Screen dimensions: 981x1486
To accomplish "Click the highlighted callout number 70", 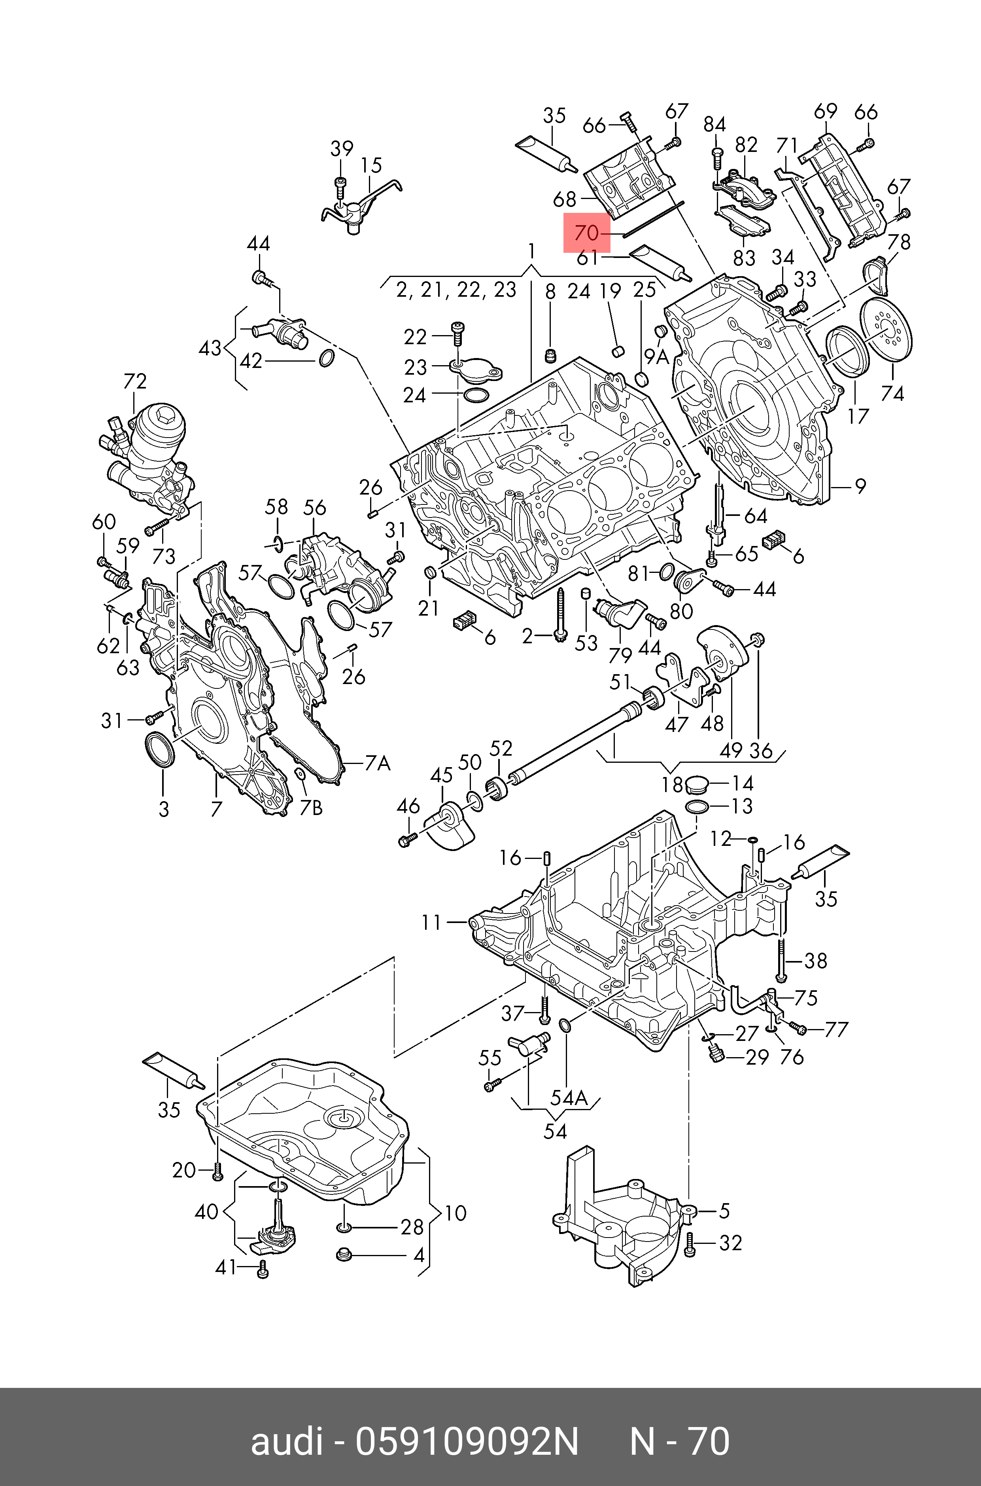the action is tap(587, 233).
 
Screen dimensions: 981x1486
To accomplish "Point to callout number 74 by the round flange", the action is tap(892, 393).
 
